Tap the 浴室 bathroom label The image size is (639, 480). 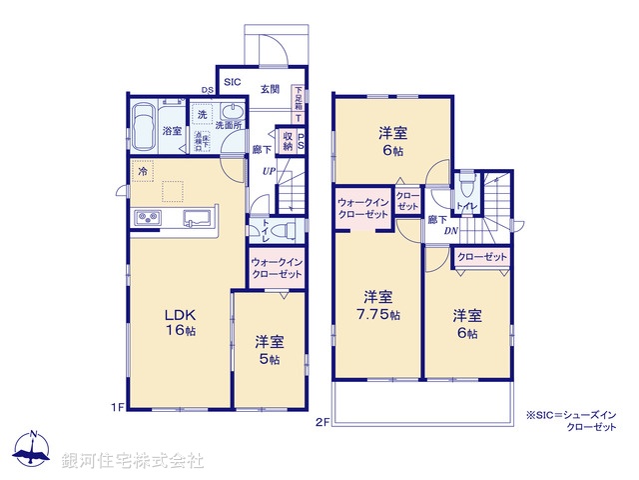[173, 131]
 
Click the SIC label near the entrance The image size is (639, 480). [232, 83]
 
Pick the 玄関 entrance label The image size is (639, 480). [270, 89]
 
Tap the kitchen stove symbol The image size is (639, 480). [143, 219]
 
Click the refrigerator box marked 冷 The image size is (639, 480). [143, 172]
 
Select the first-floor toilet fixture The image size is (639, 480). [282, 230]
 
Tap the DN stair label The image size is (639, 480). [451, 231]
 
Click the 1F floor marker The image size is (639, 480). [117, 407]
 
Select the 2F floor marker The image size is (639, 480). [323, 421]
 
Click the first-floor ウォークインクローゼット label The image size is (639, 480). [278, 267]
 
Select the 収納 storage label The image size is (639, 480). [288, 141]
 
